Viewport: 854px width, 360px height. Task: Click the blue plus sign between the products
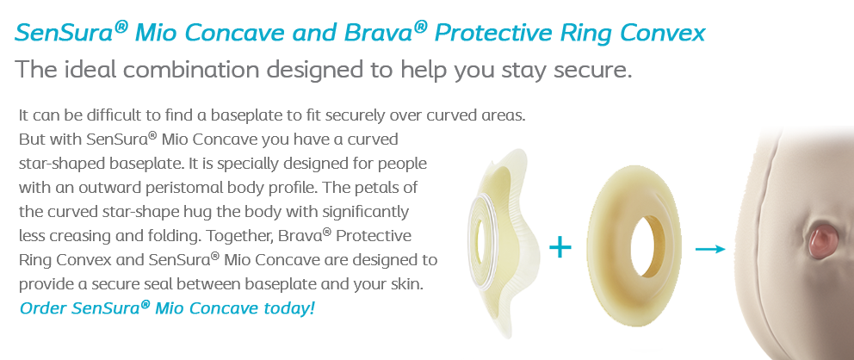click(560, 249)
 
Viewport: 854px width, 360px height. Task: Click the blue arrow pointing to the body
click(711, 249)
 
